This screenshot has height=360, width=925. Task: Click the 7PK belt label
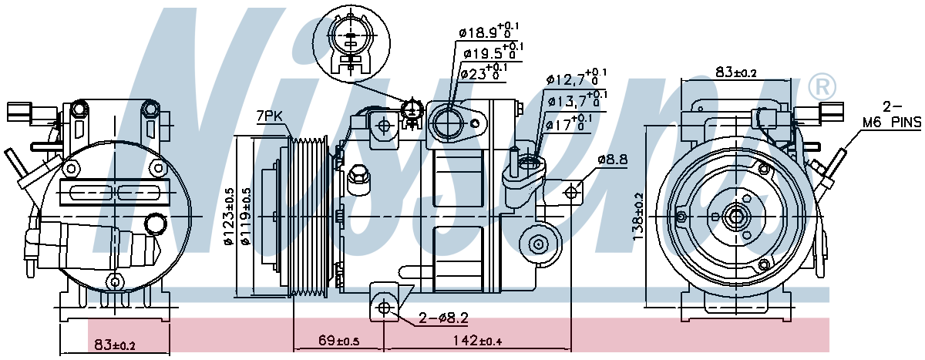pyautogui.click(x=269, y=116)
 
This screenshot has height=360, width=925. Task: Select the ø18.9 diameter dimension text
pyautogui.click(x=489, y=31)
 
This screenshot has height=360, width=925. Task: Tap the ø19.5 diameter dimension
pyautogui.click(x=493, y=52)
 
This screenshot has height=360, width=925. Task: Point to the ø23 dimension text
pyautogui.click(x=483, y=72)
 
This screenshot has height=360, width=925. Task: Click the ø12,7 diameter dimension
pyautogui.click(x=577, y=78)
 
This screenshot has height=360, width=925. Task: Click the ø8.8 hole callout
pyautogui.click(x=612, y=160)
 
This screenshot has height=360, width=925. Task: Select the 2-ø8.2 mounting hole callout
pyautogui.click(x=443, y=318)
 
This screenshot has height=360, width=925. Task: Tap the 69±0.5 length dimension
pyautogui.click(x=339, y=341)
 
